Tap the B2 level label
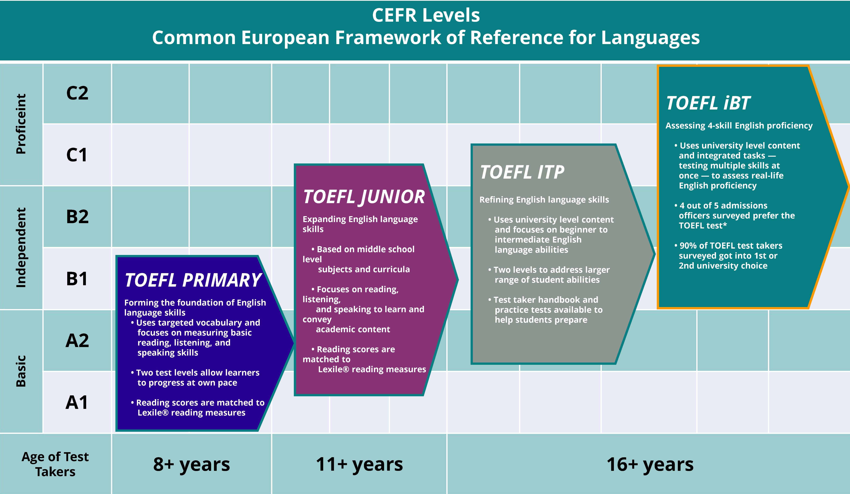(77, 217)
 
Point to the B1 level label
(77, 279)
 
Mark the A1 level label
(77, 402)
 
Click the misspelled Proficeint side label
(21, 124)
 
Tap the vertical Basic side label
(21, 371)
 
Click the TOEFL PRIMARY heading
(193, 280)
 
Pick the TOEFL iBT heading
(708, 103)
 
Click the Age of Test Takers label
(55, 464)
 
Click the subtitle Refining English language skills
(544, 200)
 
